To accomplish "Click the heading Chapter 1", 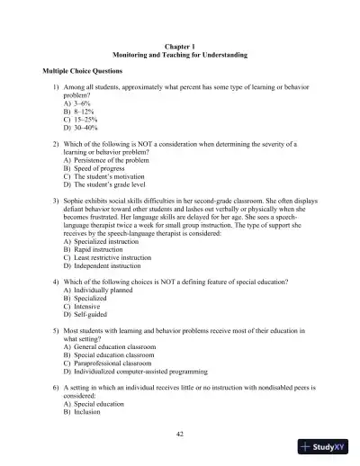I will pos(180,44).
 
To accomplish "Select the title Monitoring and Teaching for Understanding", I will pos(180,54).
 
